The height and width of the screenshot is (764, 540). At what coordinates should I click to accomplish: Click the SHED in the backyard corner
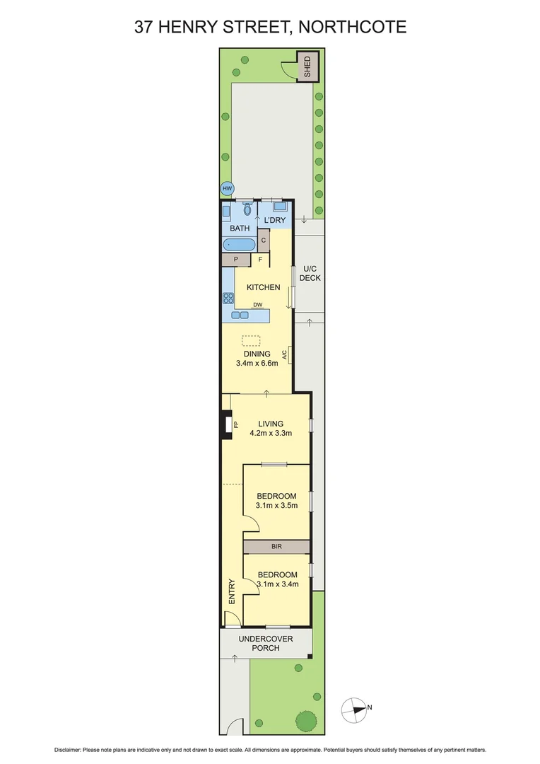click(307, 66)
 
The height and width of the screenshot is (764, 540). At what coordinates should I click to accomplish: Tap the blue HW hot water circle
click(227, 189)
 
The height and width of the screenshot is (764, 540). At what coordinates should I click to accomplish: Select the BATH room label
click(240, 228)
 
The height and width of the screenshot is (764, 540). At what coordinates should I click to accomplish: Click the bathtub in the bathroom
click(239, 245)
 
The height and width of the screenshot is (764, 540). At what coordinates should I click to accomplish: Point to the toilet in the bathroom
click(247, 209)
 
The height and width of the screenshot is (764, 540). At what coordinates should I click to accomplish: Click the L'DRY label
click(274, 221)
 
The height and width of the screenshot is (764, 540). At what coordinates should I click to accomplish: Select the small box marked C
click(264, 241)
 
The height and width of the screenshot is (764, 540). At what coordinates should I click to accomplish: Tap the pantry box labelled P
click(236, 260)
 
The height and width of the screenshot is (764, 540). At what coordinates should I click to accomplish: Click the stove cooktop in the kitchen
click(228, 298)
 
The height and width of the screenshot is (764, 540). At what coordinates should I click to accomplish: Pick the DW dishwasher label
click(258, 305)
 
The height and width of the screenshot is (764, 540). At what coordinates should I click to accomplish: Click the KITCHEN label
click(263, 287)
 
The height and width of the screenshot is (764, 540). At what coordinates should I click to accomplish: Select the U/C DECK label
click(310, 273)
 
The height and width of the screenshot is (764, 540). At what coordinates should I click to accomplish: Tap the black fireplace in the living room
click(227, 424)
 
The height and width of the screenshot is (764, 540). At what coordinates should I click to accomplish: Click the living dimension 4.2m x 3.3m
click(270, 433)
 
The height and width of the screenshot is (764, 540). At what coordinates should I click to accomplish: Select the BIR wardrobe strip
click(276, 547)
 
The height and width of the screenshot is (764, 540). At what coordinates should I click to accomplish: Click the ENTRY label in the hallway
click(230, 591)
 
